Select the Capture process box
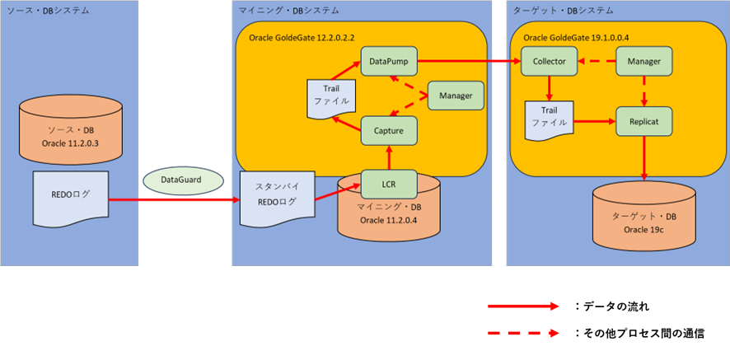point(388,130)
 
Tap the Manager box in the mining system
point(455,96)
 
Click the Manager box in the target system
point(643,61)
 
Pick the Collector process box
point(549,61)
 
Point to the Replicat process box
point(643,120)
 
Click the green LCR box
point(388,184)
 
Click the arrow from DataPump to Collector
point(469,61)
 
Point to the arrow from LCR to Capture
point(388,157)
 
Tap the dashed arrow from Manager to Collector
point(596,61)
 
